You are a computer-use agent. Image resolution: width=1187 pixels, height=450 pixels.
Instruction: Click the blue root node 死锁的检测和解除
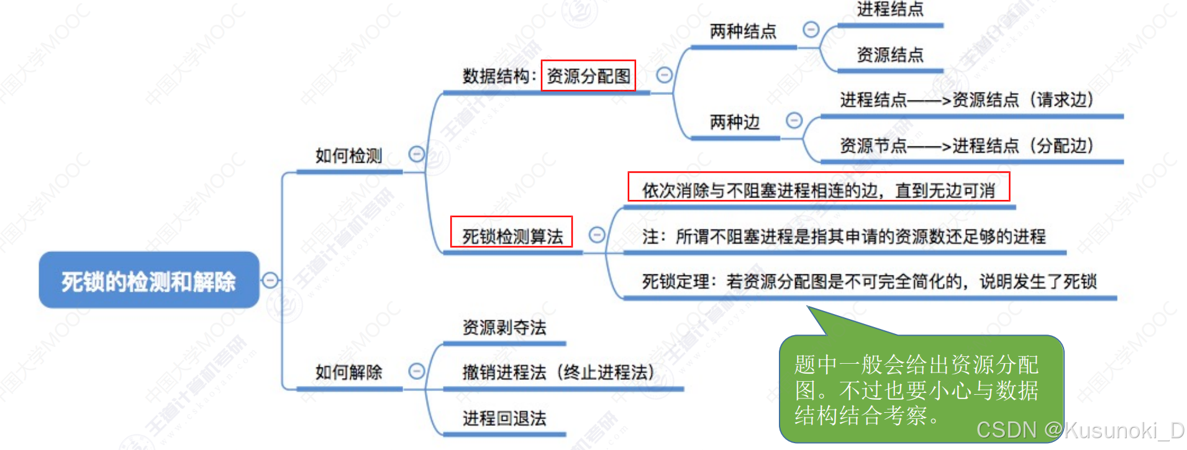click(148, 281)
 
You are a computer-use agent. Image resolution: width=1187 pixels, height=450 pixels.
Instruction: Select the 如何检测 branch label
click(348, 156)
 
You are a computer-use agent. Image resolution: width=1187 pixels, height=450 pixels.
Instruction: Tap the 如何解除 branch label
click(348, 372)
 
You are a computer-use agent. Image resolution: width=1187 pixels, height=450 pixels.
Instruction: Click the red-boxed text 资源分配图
click(588, 76)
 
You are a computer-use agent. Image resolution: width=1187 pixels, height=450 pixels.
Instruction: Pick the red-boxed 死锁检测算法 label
click(512, 236)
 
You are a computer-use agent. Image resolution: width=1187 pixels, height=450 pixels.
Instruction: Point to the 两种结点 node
click(743, 31)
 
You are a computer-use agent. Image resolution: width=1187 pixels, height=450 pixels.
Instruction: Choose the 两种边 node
click(735, 122)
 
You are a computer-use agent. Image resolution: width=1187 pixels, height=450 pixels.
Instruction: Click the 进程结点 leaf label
click(889, 9)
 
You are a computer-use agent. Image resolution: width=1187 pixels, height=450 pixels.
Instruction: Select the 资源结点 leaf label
click(889, 55)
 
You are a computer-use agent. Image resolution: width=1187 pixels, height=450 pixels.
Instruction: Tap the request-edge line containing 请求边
click(966, 100)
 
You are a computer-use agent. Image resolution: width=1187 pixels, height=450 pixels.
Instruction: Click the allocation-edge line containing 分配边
click(966, 146)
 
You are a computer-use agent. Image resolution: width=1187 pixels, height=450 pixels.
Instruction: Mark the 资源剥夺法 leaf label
click(504, 328)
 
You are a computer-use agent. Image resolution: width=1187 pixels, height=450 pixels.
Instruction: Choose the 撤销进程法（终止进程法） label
click(558, 372)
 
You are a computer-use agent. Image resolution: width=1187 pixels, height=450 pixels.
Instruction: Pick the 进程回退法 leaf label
click(504, 418)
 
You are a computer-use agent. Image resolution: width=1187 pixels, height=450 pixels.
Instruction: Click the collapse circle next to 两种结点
click(811, 29)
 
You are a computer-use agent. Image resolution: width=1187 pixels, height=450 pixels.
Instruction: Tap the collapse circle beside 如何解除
click(416, 371)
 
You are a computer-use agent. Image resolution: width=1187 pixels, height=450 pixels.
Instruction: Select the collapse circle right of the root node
click(270, 280)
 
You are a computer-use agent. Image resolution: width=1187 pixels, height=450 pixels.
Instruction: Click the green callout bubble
click(921, 389)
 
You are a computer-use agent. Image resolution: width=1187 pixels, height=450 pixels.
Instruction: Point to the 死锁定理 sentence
click(869, 282)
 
